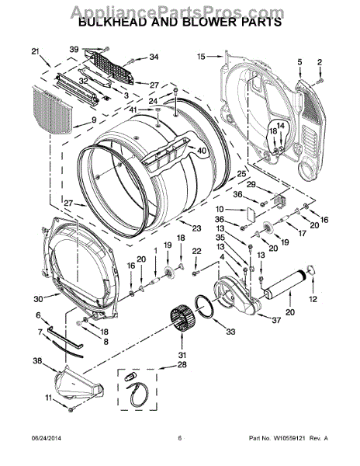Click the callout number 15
click(x=200, y=56)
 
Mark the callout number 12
click(x=313, y=299)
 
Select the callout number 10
click(x=220, y=210)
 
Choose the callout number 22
click(x=196, y=250)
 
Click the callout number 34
click(x=153, y=57)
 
